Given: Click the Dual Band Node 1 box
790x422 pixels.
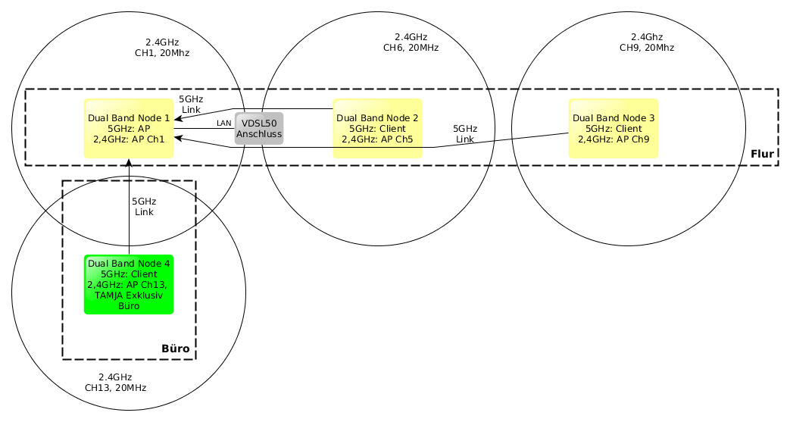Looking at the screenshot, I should (x=129, y=129).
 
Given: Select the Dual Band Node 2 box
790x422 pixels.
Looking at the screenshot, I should (x=377, y=129).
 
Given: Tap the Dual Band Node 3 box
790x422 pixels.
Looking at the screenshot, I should (x=614, y=129).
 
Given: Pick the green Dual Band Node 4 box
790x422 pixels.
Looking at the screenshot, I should (x=129, y=284).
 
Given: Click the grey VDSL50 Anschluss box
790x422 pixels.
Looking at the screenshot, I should (x=259, y=129).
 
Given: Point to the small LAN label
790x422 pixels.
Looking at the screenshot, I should (x=224, y=123).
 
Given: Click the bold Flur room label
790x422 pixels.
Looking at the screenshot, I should (x=762, y=155).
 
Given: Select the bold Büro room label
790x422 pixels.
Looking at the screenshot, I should (x=175, y=349).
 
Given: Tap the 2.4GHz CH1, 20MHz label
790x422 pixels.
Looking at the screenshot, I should (x=161, y=48).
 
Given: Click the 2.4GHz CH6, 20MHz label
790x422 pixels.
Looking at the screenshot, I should (x=411, y=42).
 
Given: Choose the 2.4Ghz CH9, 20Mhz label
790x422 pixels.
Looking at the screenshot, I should (x=646, y=42).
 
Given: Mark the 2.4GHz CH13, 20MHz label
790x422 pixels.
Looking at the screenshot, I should (x=115, y=382).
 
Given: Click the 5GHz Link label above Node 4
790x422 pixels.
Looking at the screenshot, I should (x=144, y=207).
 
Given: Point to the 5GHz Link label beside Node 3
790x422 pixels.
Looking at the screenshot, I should (x=464, y=134).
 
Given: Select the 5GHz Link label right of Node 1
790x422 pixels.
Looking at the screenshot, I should (x=191, y=104).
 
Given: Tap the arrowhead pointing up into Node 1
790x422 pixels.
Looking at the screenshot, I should (x=130, y=163).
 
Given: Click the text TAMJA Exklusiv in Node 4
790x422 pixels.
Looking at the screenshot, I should (x=129, y=295).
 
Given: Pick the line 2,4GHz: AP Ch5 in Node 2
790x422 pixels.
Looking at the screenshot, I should (x=377, y=139).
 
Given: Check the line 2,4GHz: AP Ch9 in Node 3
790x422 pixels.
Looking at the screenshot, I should (x=614, y=139).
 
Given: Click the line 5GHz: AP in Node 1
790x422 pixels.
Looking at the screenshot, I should (x=129, y=129).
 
